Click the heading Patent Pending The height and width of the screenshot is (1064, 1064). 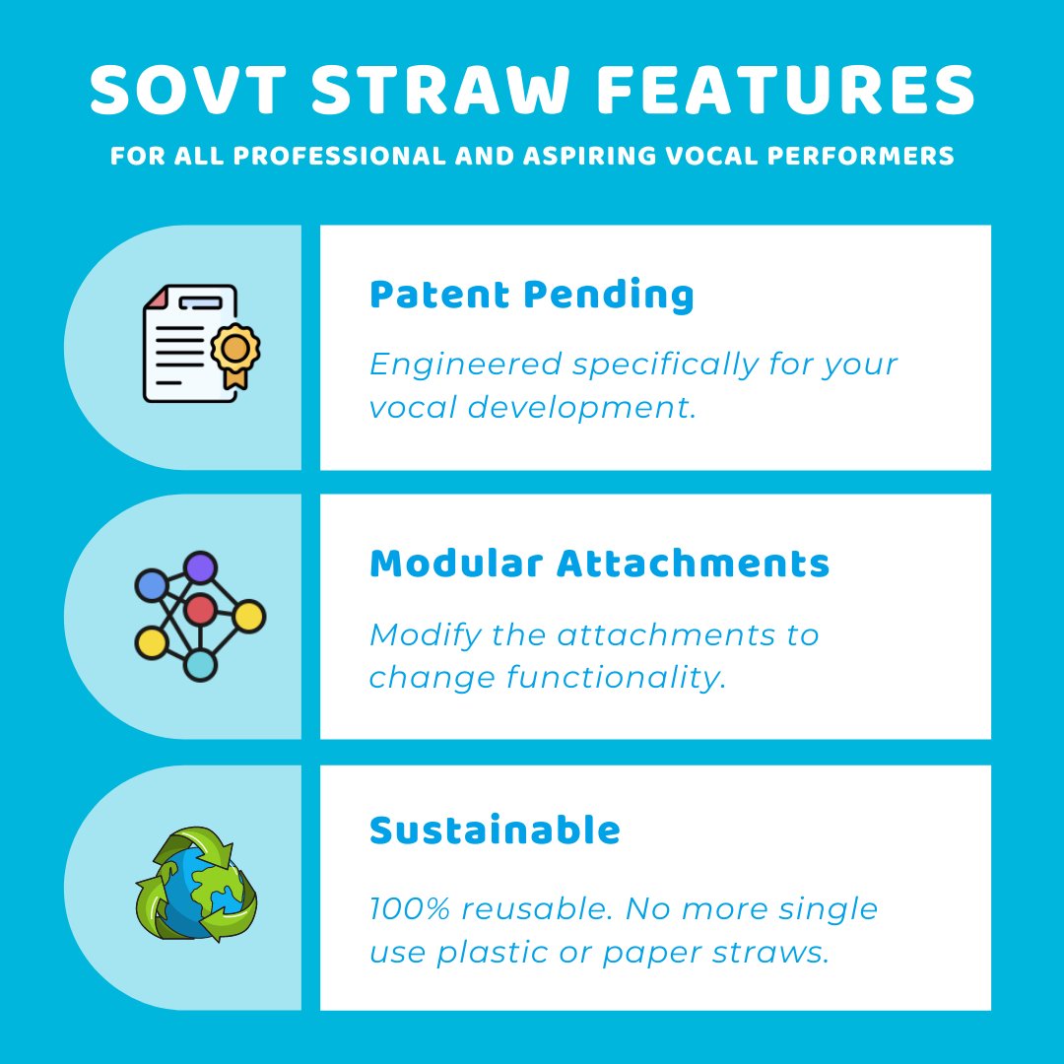531,295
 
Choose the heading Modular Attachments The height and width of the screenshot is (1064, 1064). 599,564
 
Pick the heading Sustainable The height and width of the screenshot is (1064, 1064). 495,831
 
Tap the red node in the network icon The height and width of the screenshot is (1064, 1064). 200,610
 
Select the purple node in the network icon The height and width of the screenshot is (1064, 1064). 200,567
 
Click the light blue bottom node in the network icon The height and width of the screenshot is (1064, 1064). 200,666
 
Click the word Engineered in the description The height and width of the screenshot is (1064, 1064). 466,365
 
